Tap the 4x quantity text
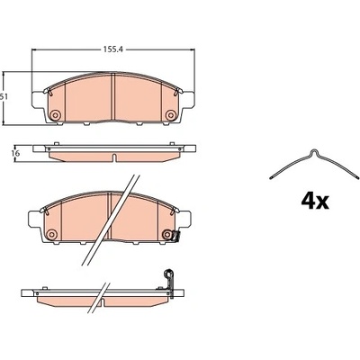[315, 202]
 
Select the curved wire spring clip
[314, 164]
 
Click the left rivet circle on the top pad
[55, 114]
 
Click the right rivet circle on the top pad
[171, 114]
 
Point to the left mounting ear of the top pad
[38, 100]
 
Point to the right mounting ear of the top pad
[188, 100]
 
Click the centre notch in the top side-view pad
[113, 157]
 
